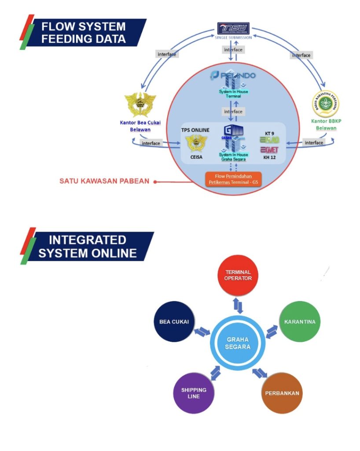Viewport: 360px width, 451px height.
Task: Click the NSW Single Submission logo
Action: point(233,29)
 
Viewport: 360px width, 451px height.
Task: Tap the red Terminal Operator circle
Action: point(238,275)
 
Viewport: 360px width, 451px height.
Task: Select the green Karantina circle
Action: point(300,321)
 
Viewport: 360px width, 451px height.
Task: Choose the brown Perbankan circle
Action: point(282,393)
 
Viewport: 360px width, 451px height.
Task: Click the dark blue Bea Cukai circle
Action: point(174,321)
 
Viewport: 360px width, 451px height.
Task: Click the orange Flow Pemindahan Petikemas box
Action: point(233,179)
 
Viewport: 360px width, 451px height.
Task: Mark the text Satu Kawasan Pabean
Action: point(105,181)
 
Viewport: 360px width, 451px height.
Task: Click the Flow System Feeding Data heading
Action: point(84,32)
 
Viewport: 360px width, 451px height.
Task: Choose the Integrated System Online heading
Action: point(87,247)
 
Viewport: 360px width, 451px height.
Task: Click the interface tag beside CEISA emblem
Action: point(151,143)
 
